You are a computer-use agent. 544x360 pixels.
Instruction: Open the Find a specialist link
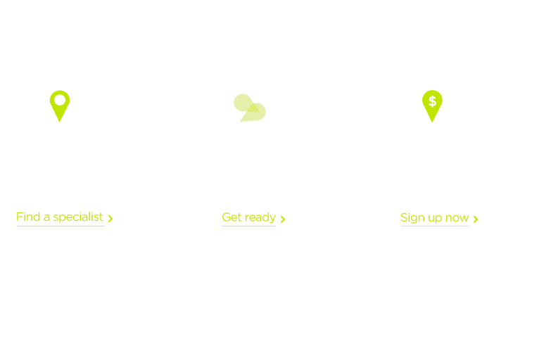pos(60,217)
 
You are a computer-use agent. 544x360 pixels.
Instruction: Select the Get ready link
pos(249,217)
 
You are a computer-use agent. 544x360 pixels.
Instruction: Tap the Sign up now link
pos(434,218)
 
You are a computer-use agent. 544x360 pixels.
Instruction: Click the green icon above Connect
pos(59,105)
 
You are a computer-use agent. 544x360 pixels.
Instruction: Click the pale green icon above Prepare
pos(249,107)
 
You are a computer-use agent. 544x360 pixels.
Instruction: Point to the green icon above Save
pos(432,105)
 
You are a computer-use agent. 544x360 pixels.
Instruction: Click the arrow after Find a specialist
pos(110,219)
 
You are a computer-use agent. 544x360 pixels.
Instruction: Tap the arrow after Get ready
pos(283,219)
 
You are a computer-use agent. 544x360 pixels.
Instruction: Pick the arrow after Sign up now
pos(476,219)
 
